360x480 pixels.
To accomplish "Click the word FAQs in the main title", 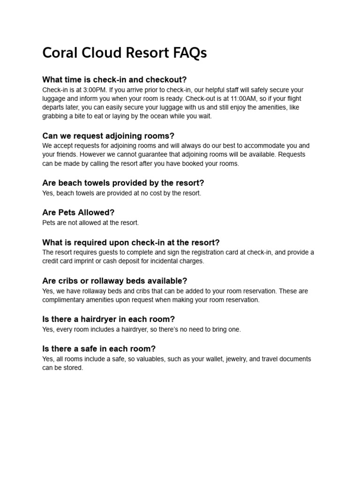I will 189,53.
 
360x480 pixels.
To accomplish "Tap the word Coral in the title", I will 59,53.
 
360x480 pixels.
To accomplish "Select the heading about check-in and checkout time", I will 114,80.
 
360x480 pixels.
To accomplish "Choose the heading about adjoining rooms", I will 108,136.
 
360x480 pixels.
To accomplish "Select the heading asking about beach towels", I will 123,183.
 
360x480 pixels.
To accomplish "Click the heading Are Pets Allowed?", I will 78,212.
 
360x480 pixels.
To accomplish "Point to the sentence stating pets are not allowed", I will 90,223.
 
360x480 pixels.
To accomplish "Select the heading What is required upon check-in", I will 131,242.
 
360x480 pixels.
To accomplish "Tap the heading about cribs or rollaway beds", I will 114,281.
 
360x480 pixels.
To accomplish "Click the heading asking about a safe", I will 98,349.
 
